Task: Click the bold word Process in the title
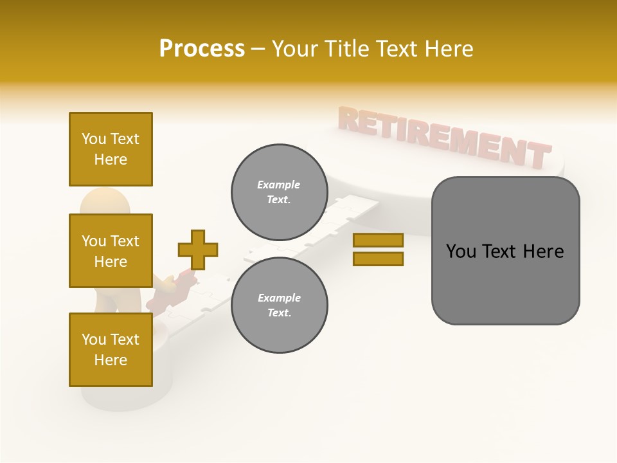(202, 49)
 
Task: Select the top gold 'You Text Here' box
(111, 149)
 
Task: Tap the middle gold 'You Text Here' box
(111, 251)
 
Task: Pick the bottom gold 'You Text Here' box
(111, 350)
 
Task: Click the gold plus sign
(198, 250)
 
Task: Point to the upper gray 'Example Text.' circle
(279, 192)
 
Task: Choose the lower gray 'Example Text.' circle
(279, 305)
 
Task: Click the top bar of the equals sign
(378, 240)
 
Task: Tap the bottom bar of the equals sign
(378, 259)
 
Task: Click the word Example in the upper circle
(279, 185)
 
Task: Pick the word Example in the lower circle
(279, 298)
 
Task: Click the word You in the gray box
(461, 251)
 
